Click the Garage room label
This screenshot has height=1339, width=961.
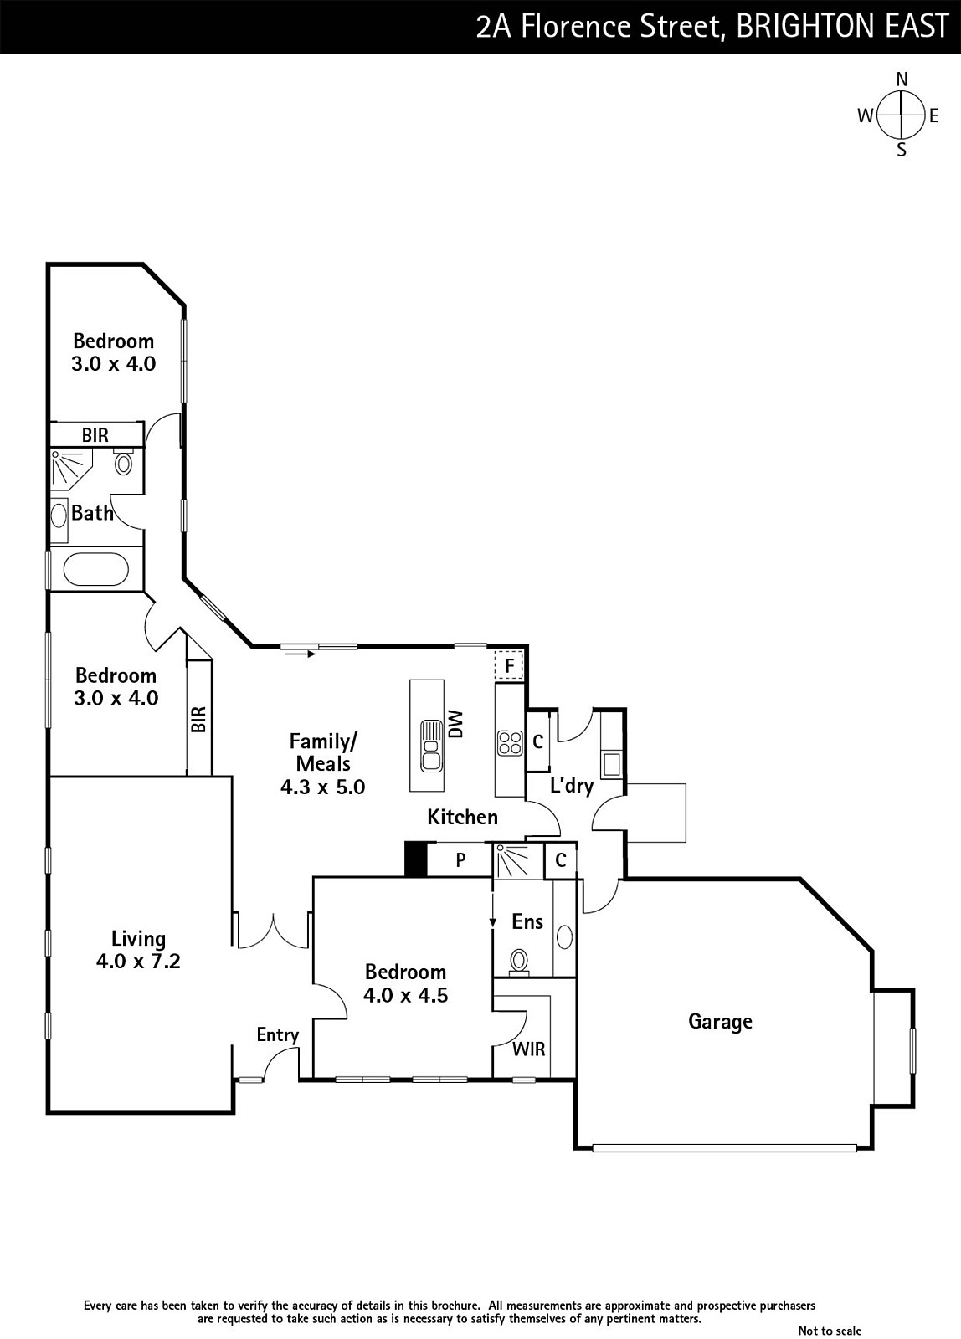coord(720,1021)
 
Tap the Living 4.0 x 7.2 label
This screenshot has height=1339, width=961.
coord(138,950)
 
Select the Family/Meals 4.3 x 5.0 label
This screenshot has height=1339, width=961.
coord(323,763)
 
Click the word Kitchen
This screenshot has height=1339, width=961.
coord(462,817)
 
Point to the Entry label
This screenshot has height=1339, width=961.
coord(277,1035)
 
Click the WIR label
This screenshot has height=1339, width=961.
coord(528,1049)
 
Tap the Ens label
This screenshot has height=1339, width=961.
coord(527,921)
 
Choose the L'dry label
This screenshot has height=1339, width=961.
coord(572,786)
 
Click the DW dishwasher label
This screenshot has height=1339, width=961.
coord(455,724)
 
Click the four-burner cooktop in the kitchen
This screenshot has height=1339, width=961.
coord(509,742)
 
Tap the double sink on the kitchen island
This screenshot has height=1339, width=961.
coord(431,744)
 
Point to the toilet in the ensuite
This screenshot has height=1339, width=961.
coord(520,961)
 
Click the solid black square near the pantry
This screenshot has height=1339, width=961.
coord(415,859)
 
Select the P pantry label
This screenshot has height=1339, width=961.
coord(460,859)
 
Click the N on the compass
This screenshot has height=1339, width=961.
coord(902,80)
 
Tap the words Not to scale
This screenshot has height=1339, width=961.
coord(829,1331)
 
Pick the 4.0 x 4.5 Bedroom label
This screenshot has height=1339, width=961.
coord(406,983)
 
